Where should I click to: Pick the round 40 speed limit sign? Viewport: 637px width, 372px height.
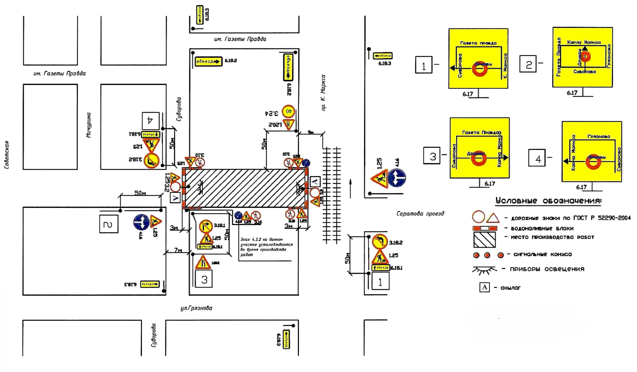tap(288, 111)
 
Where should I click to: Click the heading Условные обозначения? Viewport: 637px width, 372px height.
tap(548, 201)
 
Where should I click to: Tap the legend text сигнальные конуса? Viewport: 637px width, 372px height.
tap(542, 254)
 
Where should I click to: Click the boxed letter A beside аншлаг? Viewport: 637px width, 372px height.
tap(484, 287)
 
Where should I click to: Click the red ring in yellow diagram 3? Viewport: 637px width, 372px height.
tap(479, 159)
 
